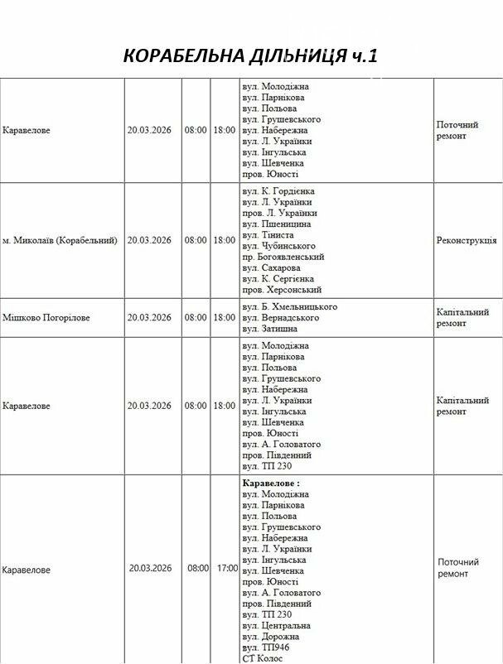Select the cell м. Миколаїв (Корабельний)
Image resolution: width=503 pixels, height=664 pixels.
(60, 240)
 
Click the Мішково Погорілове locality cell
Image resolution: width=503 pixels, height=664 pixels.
(46, 318)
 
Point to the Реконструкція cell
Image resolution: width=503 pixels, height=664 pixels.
(467, 240)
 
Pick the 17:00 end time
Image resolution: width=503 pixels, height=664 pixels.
(227, 569)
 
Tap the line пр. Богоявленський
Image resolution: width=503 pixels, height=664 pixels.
(283, 257)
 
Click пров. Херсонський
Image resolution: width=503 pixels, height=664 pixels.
(282, 291)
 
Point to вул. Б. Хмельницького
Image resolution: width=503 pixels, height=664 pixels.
(289, 307)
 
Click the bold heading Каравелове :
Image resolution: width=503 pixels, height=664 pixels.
(271, 483)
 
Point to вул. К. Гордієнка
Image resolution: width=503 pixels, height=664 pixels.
(278, 191)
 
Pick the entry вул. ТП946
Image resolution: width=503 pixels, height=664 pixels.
(267, 647)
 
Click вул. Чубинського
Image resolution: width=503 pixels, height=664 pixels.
(279, 246)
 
